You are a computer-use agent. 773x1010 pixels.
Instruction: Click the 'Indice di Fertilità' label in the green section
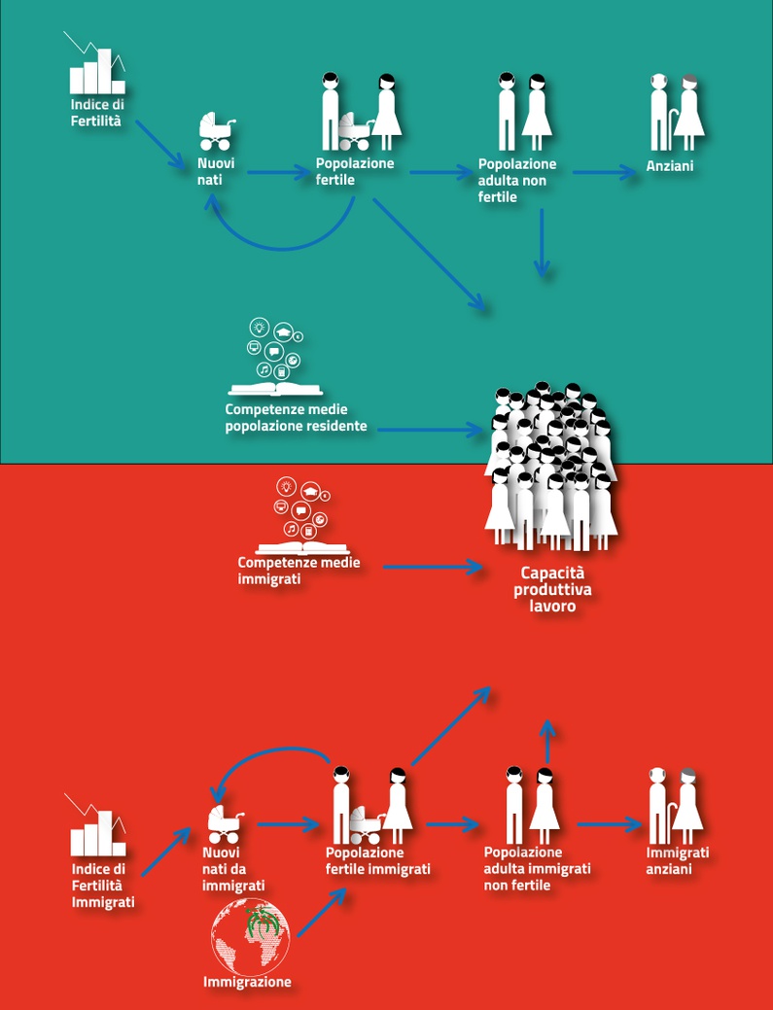tap(97, 113)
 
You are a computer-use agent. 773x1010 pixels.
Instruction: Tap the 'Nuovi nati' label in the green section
tap(216, 171)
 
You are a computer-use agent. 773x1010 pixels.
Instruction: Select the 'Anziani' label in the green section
tap(669, 167)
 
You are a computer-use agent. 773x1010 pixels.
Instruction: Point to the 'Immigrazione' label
tap(247, 982)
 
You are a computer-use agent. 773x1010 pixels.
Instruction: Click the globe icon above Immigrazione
tap(251, 935)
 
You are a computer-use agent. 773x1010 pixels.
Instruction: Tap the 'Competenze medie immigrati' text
tap(284, 571)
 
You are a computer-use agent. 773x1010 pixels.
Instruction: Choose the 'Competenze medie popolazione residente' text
tap(297, 418)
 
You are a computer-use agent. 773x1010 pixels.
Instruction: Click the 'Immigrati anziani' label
tap(678, 860)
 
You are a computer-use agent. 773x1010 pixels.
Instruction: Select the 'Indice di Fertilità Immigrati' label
tap(101, 886)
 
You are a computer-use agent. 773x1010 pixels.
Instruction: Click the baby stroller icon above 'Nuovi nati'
tap(216, 131)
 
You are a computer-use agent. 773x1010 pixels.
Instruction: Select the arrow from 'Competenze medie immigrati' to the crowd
tap(433, 566)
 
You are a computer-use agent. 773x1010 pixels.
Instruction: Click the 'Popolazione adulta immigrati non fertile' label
tap(537, 868)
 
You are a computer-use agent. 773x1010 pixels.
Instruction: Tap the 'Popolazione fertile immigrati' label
tap(377, 861)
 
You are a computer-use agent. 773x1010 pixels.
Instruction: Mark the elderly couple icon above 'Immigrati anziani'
tap(676, 805)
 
